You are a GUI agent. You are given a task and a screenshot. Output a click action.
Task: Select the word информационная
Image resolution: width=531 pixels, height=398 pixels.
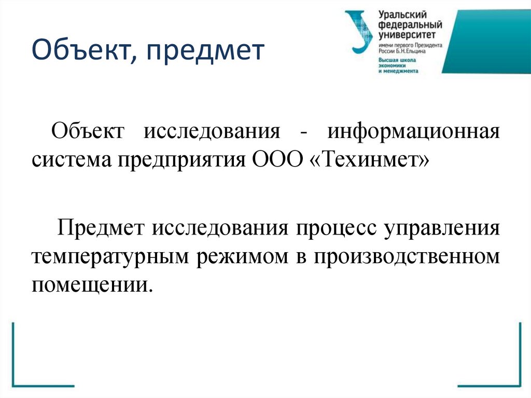pyautogui.click(x=413, y=132)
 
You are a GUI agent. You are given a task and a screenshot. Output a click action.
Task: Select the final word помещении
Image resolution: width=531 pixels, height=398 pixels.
pyautogui.click(x=93, y=284)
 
